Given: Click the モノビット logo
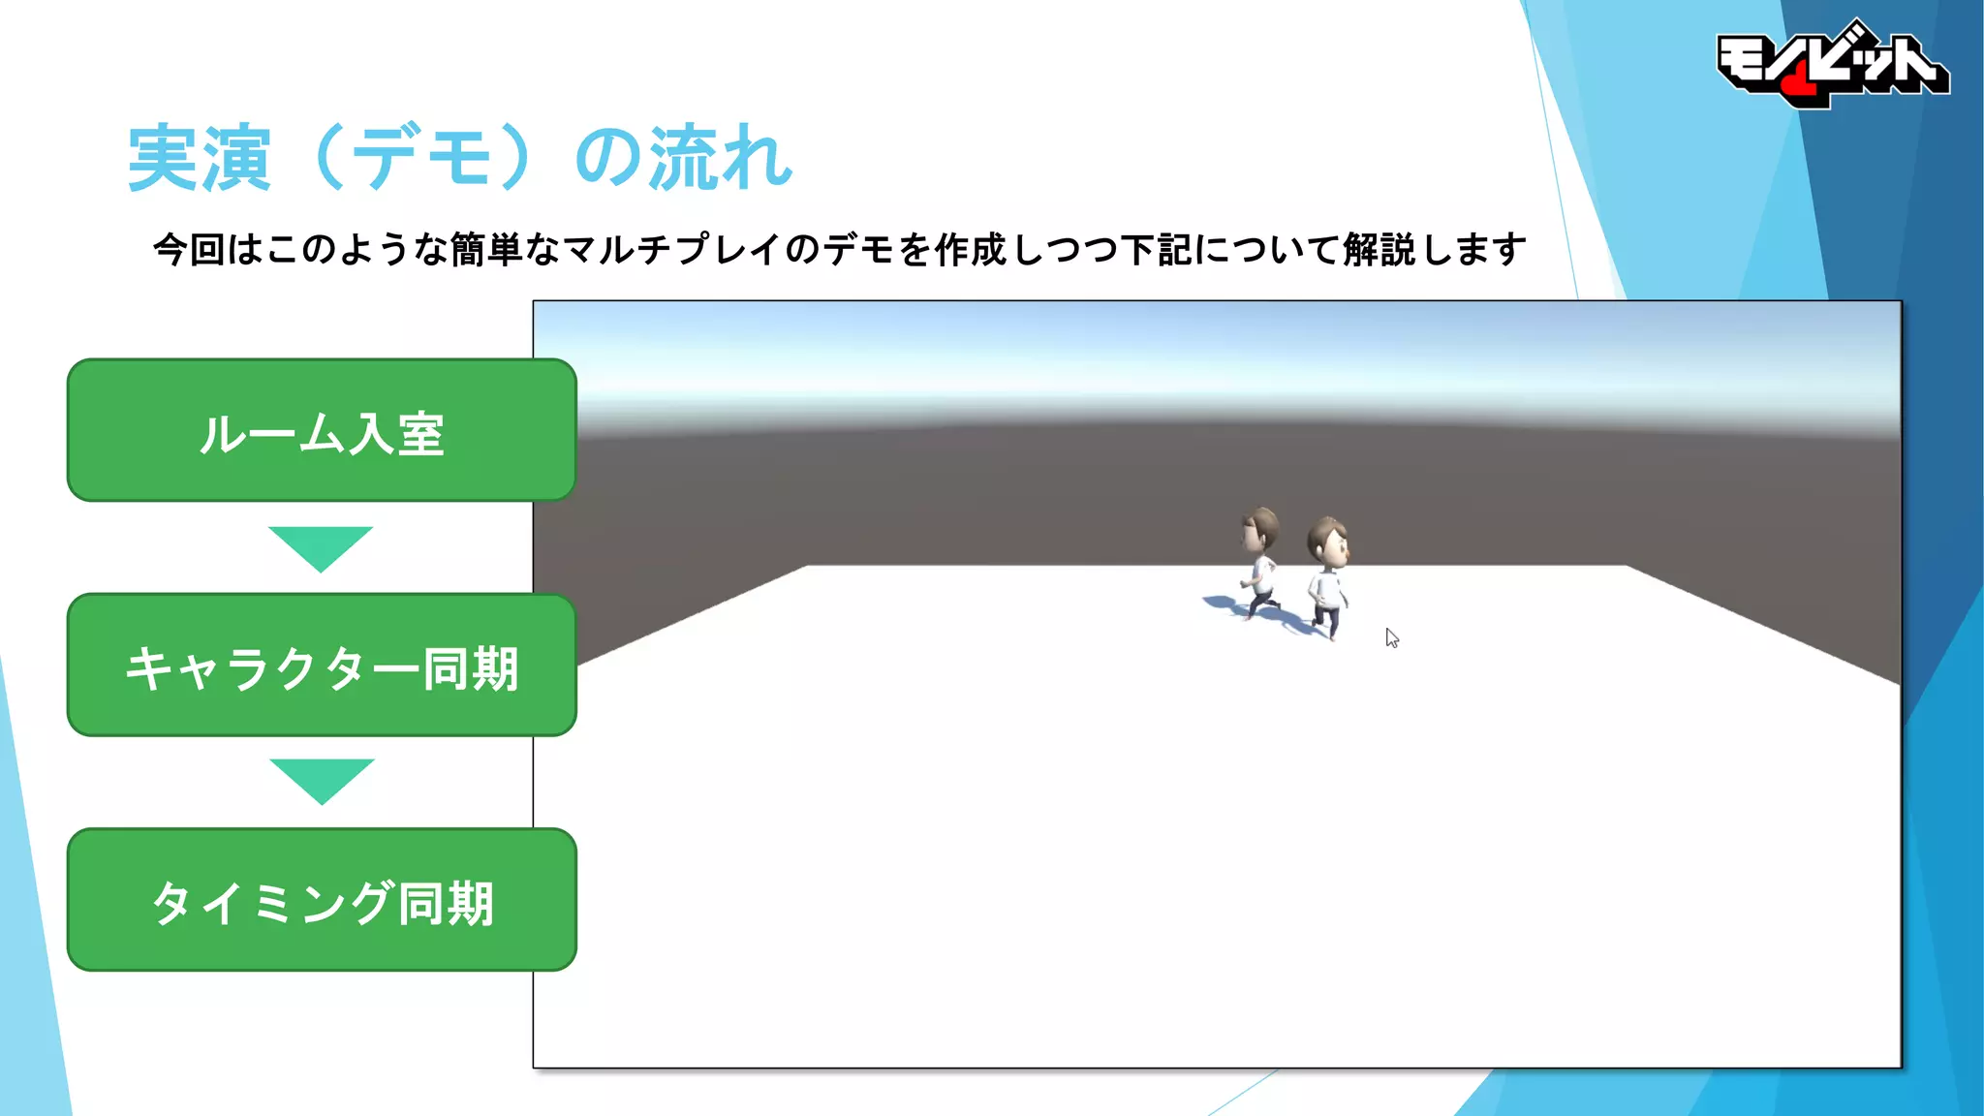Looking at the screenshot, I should point(1831,64).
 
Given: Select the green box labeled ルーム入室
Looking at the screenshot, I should point(322,431).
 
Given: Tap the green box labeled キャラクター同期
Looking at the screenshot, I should point(322,666).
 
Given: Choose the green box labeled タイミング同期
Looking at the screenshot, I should point(322,900).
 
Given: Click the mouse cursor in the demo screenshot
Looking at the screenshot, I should point(1391,637).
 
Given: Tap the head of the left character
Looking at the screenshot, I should point(1260,528).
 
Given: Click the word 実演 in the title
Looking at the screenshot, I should point(199,158).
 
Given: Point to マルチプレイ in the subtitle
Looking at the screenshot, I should point(672,250).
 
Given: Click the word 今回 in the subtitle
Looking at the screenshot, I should point(189,250).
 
